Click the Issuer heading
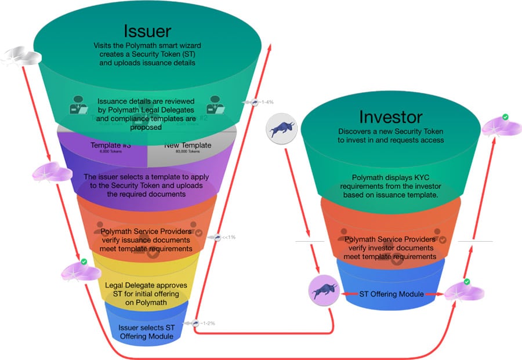146,30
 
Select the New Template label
187,146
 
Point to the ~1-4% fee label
266,102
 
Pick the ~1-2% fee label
206,323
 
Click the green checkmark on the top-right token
505,117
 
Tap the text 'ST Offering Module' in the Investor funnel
390,294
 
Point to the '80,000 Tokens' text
187,152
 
